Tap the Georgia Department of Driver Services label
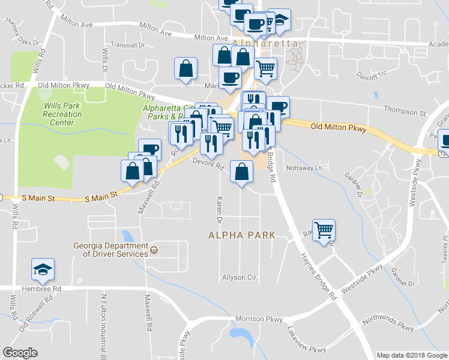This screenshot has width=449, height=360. click(x=110, y=250)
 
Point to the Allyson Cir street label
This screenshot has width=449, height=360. click(x=239, y=278)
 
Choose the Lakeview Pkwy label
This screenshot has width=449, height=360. click(x=306, y=340)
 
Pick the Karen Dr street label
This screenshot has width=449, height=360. click(x=220, y=206)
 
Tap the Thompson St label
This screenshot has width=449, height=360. click(x=405, y=113)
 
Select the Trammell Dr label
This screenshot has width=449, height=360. click(x=128, y=46)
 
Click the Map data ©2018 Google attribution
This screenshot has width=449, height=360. click(x=411, y=355)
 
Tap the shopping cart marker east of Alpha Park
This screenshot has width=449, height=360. click(x=324, y=230)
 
